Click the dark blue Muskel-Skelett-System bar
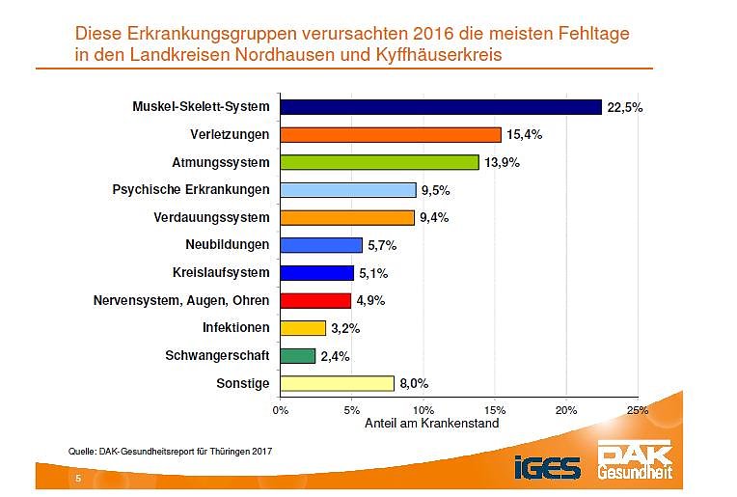point(441,107)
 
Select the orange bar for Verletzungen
point(391,135)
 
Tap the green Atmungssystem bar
point(380,162)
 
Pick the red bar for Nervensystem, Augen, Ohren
point(315,300)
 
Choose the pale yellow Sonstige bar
point(338,384)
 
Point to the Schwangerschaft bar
point(298,356)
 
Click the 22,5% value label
point(624,107)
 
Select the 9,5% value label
point(437,190)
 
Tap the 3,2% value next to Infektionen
point(346,329)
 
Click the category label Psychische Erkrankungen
point(192,189)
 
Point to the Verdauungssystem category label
point(211,217)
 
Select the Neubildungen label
point(228,245)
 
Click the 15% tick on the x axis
point(495,410)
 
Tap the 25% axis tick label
point(638,410)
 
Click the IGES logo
point(548,468)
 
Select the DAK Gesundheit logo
point(635,462)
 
